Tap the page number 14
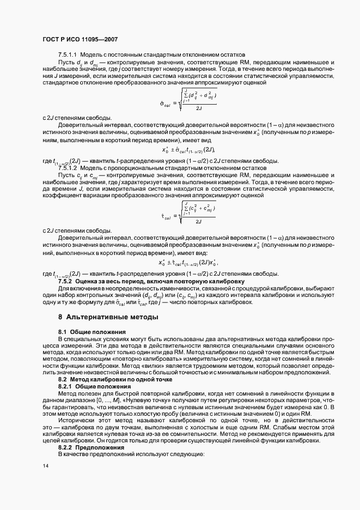(46, 465)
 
